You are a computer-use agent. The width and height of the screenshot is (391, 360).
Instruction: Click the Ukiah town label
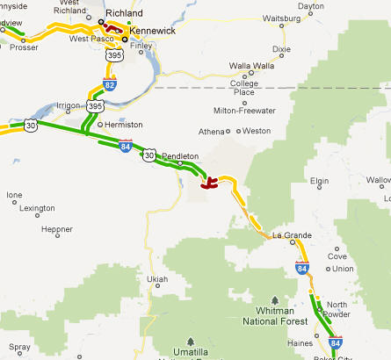point(156,279)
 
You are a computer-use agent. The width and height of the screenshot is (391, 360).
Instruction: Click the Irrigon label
point(69,106)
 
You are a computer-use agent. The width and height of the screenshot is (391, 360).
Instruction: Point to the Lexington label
point(37,208)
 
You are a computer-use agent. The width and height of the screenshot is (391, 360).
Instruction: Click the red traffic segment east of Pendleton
point(210,184)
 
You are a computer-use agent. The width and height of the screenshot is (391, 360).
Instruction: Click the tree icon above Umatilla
point(191,341)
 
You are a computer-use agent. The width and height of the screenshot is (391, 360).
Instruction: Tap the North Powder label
point(337,310)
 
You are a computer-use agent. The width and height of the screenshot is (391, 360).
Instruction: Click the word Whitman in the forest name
point(278,312)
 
